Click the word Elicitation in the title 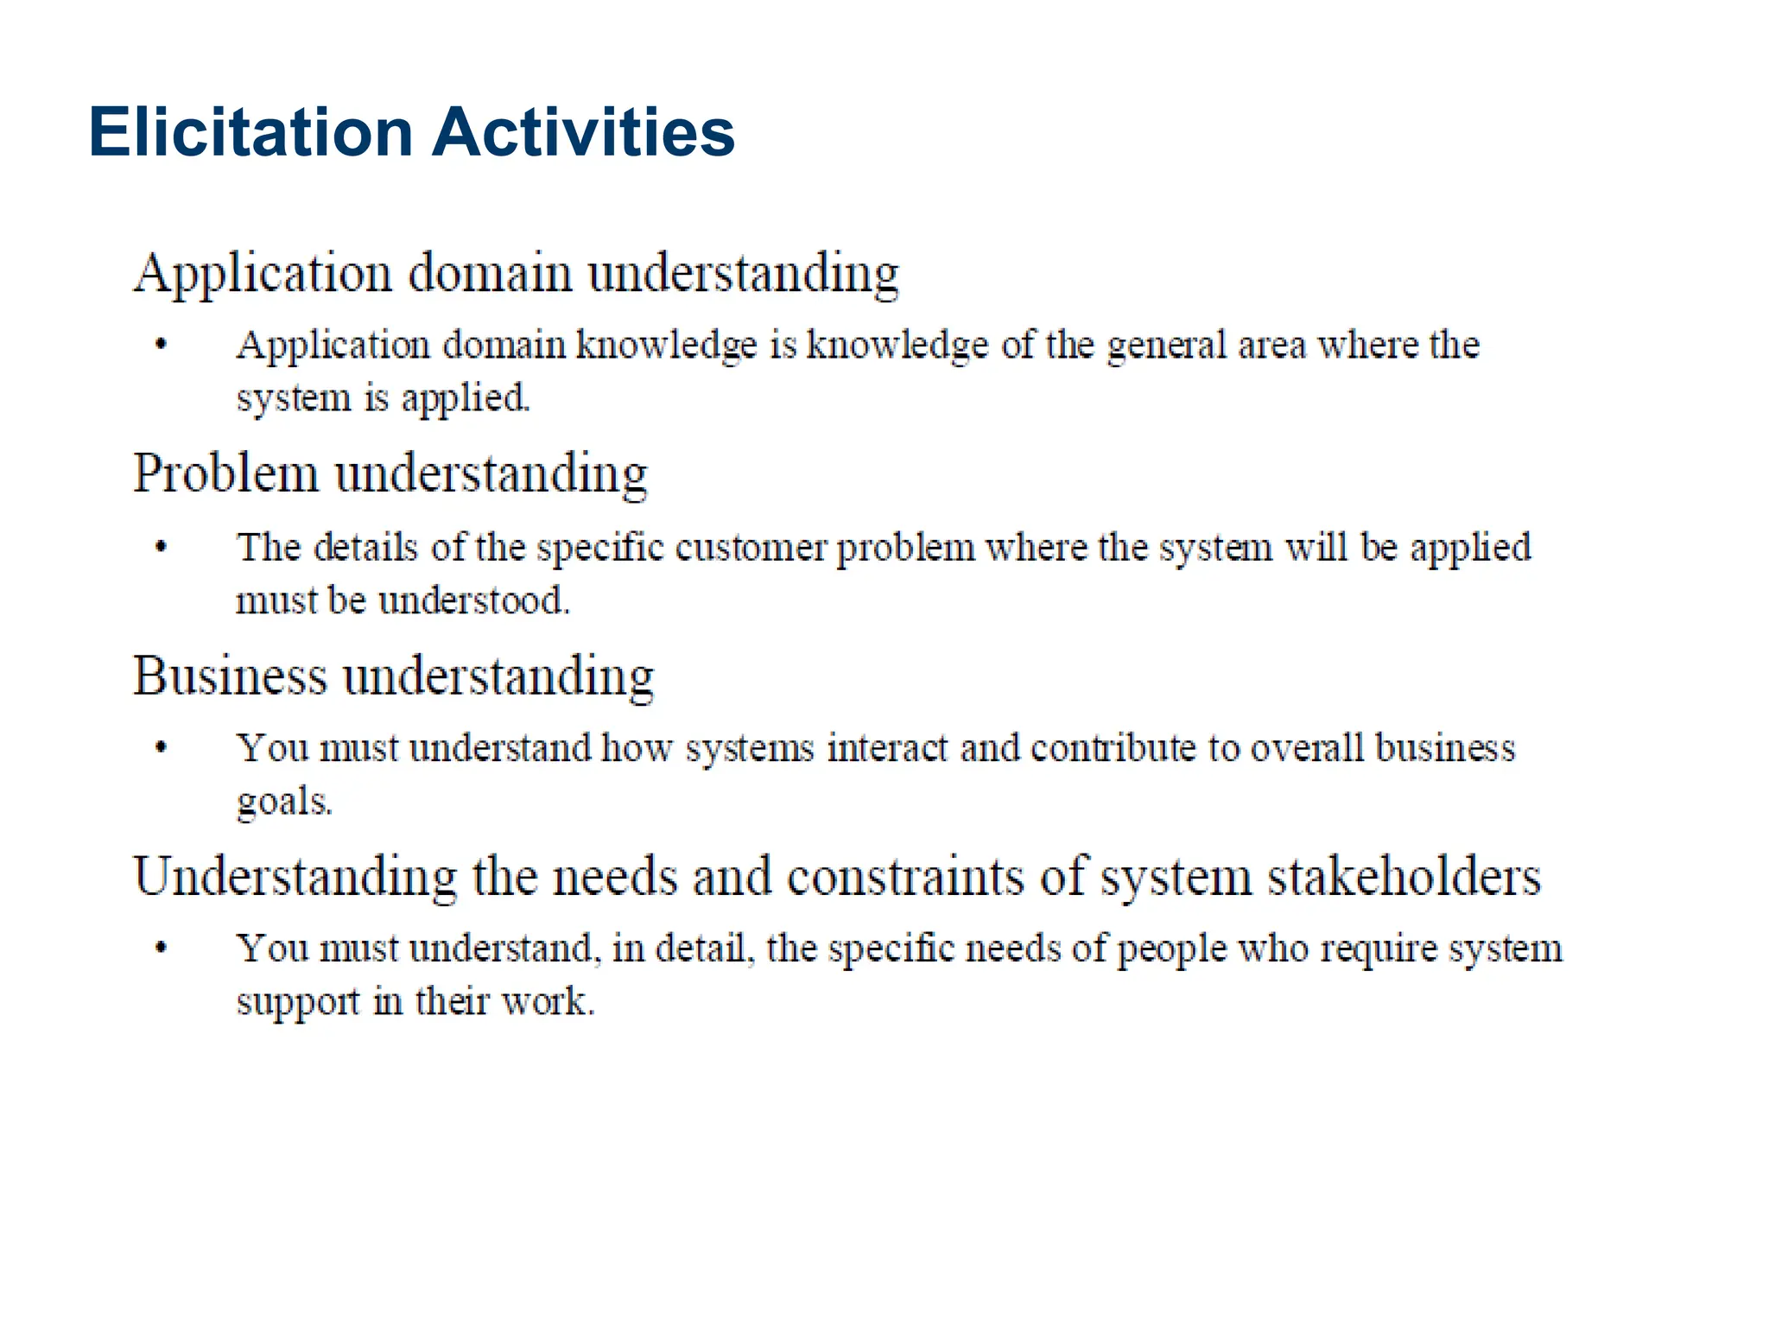pos(250,132)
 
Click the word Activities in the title pos(583,132)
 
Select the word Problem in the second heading pos(225,474)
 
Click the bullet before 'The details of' pos(161,547)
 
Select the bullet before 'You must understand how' pos(161,748)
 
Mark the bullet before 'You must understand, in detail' pos(161,949)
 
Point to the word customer pos(751,548)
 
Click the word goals pos(284,803)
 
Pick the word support pos(298,1003)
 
